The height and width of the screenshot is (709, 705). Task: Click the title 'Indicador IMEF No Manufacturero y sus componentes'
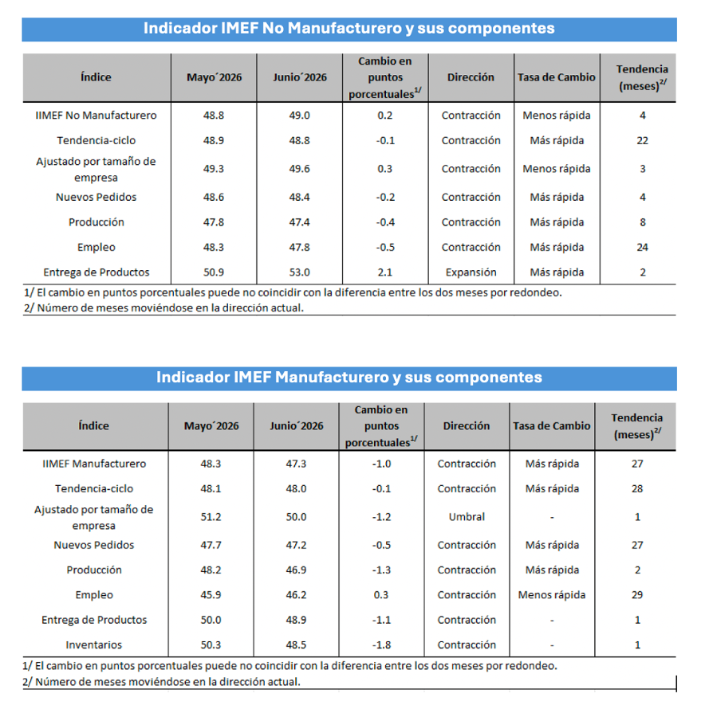point(349,29)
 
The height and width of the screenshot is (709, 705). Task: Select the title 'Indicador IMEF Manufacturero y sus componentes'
point(349,378)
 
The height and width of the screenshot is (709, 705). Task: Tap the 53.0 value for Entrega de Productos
point(299,272)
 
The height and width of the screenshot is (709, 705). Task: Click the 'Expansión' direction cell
point(471,272)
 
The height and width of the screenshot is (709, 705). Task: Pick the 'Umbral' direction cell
point(467,517)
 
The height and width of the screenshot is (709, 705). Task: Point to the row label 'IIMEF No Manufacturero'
point(96,116)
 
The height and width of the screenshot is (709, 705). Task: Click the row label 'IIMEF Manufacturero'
point(94,464)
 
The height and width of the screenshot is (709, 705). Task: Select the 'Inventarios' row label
point(94,644)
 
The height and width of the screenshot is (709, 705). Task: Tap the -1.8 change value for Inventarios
point(381,644)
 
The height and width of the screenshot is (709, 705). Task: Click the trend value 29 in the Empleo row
point(637,595)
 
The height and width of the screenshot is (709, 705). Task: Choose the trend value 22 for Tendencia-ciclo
point(643,141)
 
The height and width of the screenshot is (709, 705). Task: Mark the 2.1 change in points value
point(385,272)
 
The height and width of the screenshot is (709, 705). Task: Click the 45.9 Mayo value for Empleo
point(211,595)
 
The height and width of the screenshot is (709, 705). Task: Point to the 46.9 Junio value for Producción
point(296,570)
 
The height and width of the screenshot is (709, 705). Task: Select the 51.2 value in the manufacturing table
point(211,517)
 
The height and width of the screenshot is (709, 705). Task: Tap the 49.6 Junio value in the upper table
point(299,169)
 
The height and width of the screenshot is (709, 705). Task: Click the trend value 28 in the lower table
point(637,489)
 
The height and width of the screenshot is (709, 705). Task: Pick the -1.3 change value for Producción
point(381,570)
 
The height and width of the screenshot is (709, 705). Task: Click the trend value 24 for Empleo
point(643,247)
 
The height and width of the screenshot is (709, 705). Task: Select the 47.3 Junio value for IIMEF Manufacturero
point(296,464)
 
